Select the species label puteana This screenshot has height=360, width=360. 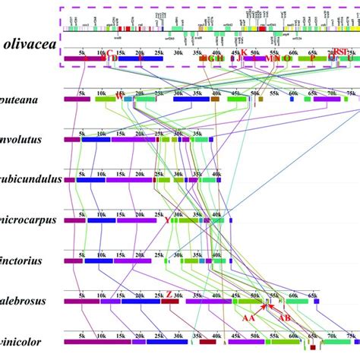coord(22,99)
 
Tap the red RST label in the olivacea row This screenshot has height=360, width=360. coord(340,52)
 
